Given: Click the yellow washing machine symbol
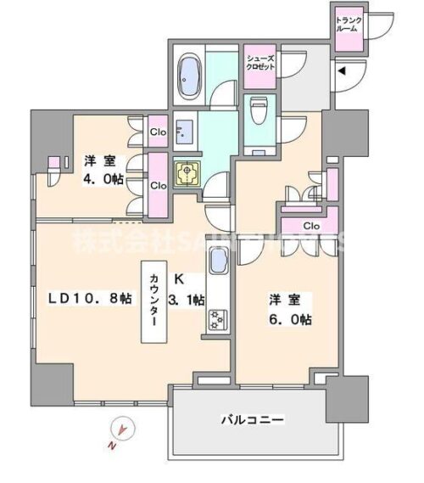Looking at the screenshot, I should tap(187, 173).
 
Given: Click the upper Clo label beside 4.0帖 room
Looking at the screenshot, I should tap(158, 132).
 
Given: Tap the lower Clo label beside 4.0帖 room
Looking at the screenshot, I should tap(158, 184).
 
